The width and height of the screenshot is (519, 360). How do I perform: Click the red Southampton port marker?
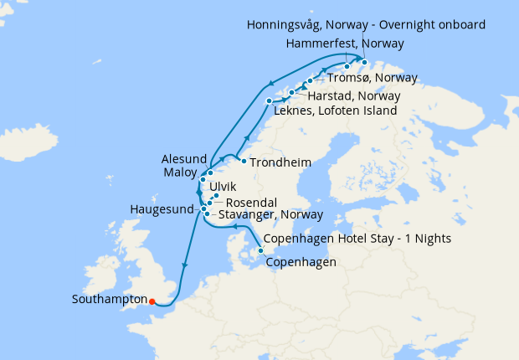pos(152,301)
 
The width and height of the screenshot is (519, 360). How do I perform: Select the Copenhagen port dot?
pos(260,250)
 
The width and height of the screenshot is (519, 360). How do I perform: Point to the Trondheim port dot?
pos(243,161)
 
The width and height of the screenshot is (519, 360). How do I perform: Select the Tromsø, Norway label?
pos(367,79)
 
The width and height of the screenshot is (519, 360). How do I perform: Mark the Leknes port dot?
pos(269,101)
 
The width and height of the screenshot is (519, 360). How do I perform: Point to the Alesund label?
pos(182,158)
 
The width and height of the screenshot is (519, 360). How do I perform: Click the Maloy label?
pos(178,173)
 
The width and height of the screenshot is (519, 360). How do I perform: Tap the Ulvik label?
pos(224,187)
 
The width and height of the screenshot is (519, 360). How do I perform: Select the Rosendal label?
pos(250,201)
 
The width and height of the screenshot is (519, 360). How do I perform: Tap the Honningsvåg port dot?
pos(366,61)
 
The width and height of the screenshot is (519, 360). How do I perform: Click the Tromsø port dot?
pos(311,81)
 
